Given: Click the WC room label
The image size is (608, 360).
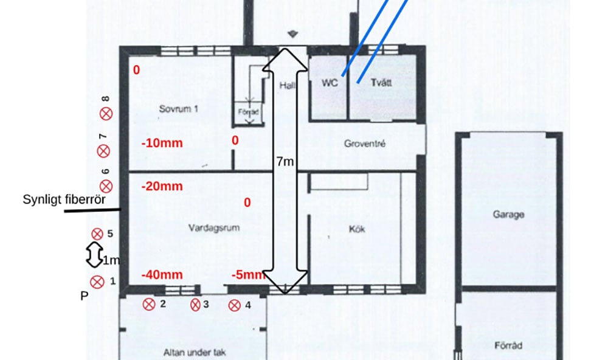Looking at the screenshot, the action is pos(330,83).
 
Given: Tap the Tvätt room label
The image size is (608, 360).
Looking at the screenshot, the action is pos(381,83).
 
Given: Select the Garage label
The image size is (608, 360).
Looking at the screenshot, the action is pos(508,215).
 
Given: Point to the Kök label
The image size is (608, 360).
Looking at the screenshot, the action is pos(357,229).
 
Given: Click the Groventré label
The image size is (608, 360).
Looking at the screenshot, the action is pos(364,144).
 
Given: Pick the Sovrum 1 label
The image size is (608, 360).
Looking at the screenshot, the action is pos(178,109).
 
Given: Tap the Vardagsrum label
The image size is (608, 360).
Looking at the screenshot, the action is pos(213,227).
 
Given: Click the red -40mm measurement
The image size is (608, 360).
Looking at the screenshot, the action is pos(162,275).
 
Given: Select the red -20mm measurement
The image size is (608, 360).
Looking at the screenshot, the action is pos(162,186).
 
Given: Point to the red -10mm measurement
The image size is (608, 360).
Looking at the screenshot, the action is pos(162,143).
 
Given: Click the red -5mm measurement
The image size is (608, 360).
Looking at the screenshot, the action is pos(249,275).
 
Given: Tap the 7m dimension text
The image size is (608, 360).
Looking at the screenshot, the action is pos(285,161).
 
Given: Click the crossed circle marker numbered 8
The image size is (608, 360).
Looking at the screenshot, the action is pos(106,114).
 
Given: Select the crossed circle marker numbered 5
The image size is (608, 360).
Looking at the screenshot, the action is pos(97,234).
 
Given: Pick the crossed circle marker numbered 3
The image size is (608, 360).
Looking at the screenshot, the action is pos(195,305).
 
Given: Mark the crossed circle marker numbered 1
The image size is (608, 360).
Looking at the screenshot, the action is pos(97,282).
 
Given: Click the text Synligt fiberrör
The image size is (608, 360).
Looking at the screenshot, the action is pos(64,200).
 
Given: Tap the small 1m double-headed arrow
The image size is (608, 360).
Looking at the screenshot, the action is pos(94,255).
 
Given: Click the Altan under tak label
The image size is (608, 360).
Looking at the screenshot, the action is pos(195,353).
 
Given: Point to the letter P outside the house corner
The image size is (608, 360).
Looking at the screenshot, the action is pos(84,296).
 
